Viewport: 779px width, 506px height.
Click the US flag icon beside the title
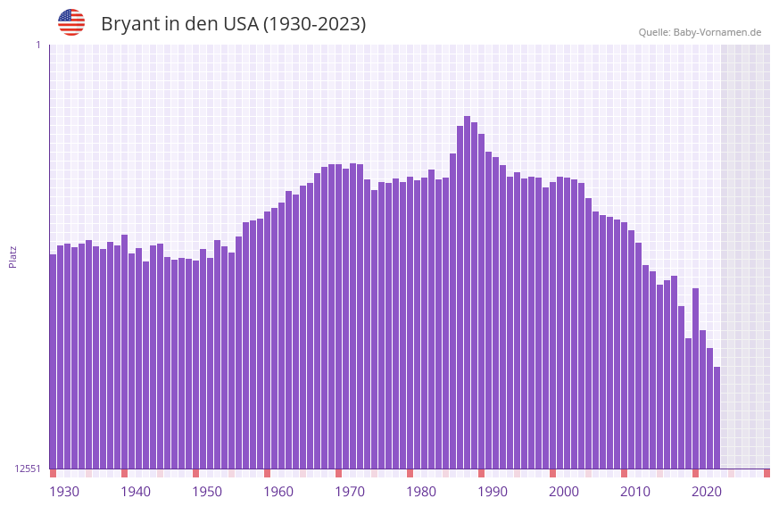coord(71,22)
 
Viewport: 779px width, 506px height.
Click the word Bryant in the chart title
coord(129,24)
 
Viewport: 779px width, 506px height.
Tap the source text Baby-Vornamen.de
coord(717,32)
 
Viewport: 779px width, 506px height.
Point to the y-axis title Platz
coord(12,256)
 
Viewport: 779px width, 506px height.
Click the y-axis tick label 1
coord(37,45)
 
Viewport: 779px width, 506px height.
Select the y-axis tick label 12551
coord(27,469)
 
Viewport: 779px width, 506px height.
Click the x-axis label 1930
coord(64,492)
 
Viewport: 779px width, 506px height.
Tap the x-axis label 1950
coord(207,492)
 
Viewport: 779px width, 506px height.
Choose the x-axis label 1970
coord(350,492)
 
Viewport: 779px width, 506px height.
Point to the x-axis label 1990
coord(493,492)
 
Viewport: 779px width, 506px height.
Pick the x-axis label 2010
coord(635,492)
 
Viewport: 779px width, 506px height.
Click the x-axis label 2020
coord(707,492)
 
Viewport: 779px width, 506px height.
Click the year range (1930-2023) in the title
coord(313,24)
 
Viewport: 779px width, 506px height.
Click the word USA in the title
coord(238,24)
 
